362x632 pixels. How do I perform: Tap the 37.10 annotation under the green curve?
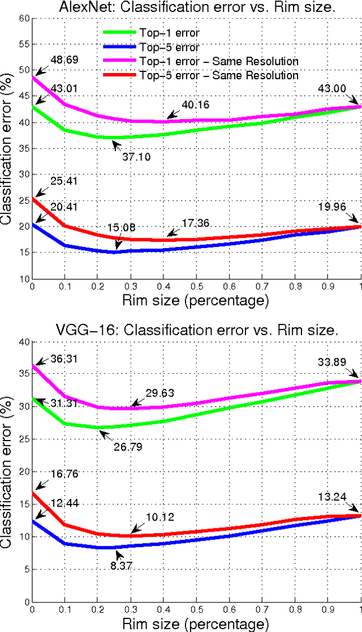[x=137, y=157]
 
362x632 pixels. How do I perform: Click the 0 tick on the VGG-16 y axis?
[x=25, y=601]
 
